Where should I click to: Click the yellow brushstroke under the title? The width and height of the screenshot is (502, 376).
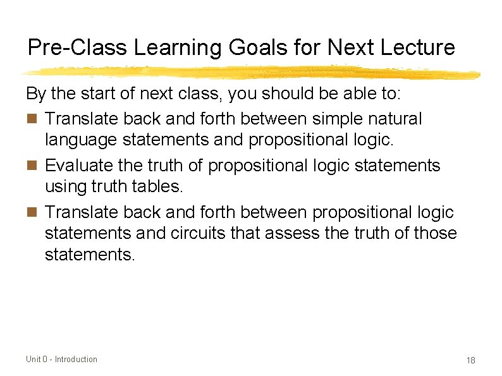pyautogui.click(x=253, y=71)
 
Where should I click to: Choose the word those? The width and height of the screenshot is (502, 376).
pyautogui.click(x=436, y=233)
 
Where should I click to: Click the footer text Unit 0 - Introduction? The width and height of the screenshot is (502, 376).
pyautogui.click(x=62, y=360)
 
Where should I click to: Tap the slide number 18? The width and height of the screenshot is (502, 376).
pyautogui.click(x=470, y=360)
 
